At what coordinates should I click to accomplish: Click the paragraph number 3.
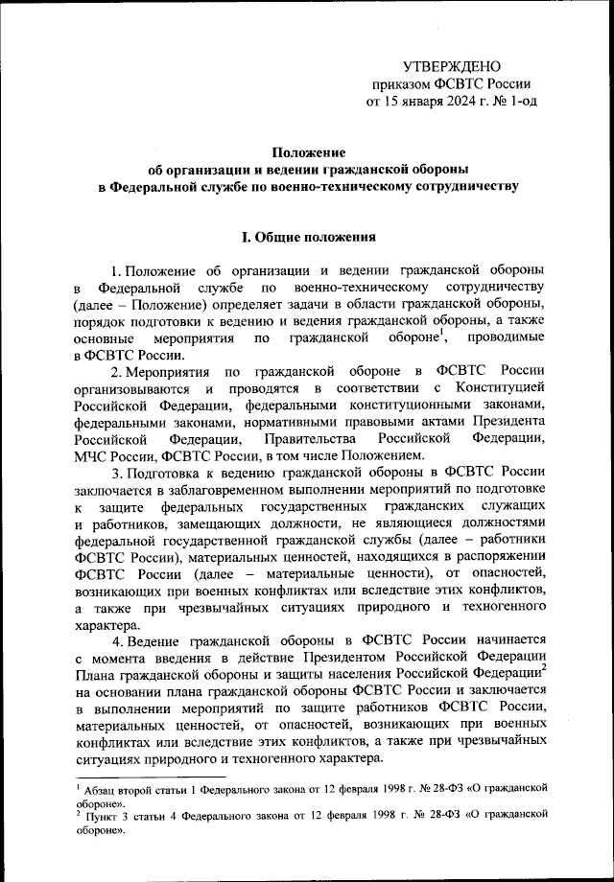pyautogui.click(x=115, y=472)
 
